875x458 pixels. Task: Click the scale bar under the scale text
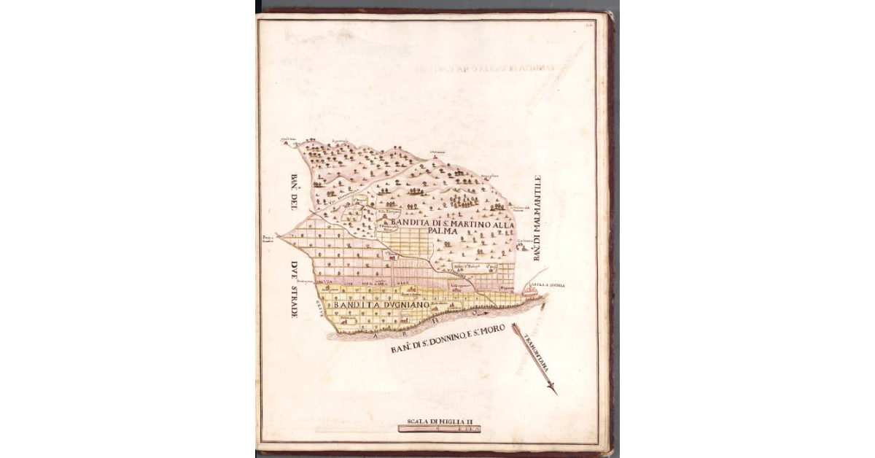point(442,430)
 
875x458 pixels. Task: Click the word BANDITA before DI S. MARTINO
point(408,222)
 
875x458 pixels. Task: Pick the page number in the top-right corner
point(588,24)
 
